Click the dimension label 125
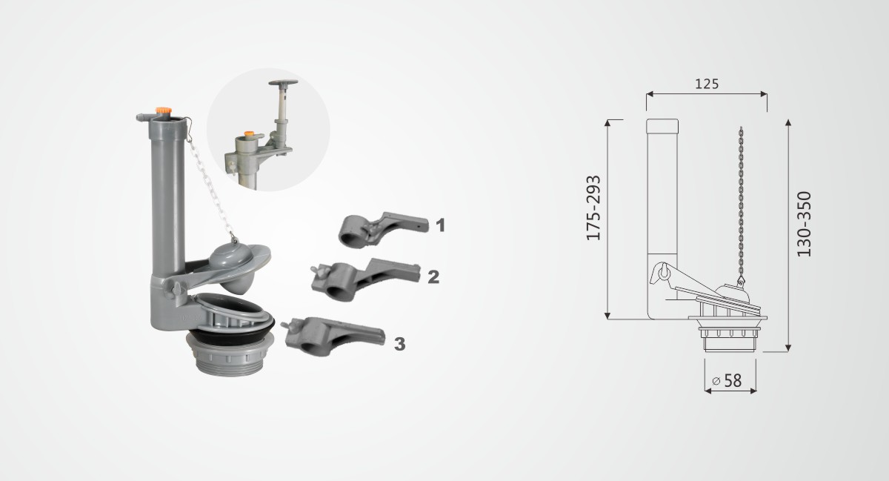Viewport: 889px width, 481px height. (707, 84)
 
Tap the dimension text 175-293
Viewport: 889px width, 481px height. (593, 208)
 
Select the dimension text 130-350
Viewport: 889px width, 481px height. (805, 224)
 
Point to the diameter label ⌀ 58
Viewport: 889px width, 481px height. (727, 380)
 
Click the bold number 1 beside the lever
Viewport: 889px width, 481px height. (440, 225)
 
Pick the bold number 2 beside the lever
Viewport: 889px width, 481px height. (433, 277)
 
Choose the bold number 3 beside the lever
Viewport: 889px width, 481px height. (399, 344)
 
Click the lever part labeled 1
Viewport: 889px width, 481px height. (382, 230)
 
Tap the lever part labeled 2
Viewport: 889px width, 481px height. (365, 279)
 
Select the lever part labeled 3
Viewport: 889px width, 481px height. (333, 336)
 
